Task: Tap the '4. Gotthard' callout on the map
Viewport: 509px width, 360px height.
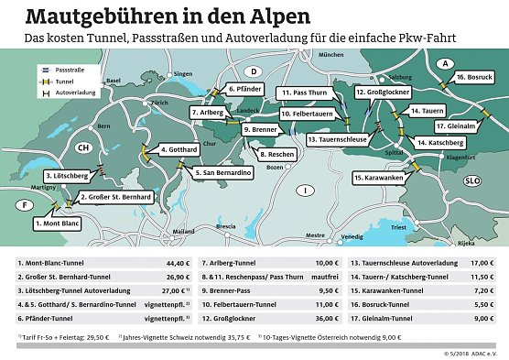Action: (174, 149)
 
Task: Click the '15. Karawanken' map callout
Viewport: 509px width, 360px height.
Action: (378, 178)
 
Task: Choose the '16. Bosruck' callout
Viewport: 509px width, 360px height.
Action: (475, 77)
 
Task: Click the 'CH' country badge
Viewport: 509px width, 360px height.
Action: (84, 147)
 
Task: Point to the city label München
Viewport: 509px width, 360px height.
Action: (330, 55)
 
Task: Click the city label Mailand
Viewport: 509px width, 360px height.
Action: (183, 232)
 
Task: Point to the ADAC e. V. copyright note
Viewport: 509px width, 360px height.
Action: (475, 353)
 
